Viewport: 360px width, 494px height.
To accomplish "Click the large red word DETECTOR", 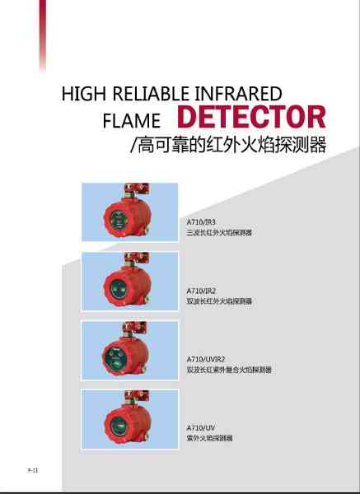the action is pyautogui.click(x=251, y=117).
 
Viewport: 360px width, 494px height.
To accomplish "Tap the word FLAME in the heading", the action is pyautogui.click(x=132, y=121).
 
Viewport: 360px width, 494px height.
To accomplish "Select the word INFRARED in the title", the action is pyautogui.click(x=238, y=94).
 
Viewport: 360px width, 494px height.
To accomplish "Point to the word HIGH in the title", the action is pyautogui.click(x=83, y=94).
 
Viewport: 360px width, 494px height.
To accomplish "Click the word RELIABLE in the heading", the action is pyautogui.click(x=152, y=94).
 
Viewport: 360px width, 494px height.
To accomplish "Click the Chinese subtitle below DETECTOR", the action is pyautogui.click(x=228, y=145).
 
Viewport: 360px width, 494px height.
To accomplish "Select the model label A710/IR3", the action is pyautogui.click(x=201, y=222).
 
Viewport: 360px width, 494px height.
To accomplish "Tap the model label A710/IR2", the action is pyautogui.click(x=201, y=291).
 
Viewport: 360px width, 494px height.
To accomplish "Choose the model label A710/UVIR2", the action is pyautogui.click(x=205, y=359).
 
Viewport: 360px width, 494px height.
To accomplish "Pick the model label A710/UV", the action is pyautogui.click(x=201, y=428).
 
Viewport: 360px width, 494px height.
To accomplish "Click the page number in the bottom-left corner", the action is pyautogui.click(x=33, y=470).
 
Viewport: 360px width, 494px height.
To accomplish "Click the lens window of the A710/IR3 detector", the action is pyautogui.click(x=117, y=219).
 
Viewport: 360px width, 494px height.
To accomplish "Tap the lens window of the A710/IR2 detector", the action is pyautogui.click(x=118, y=289).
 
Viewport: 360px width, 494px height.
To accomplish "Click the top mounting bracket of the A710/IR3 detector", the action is pyautogui.click(x=137, y=189).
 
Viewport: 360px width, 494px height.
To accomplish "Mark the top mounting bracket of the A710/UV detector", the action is pyautogui.click(x=137, y=397).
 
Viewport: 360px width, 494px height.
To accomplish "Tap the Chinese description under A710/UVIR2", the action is pyautogui.click(x=229, y=370).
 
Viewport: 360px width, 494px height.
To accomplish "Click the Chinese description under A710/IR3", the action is pyautogui.click(x=219, y=233).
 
